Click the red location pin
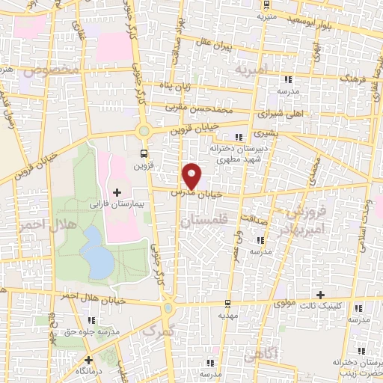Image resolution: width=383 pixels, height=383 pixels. tap(192, 177)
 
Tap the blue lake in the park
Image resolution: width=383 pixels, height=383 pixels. tap(94, 251)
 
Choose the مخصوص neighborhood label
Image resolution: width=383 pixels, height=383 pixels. tap(51, 71)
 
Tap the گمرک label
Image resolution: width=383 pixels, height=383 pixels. tap(157, 329)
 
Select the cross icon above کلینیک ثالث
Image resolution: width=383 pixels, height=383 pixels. tap(322, 294)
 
